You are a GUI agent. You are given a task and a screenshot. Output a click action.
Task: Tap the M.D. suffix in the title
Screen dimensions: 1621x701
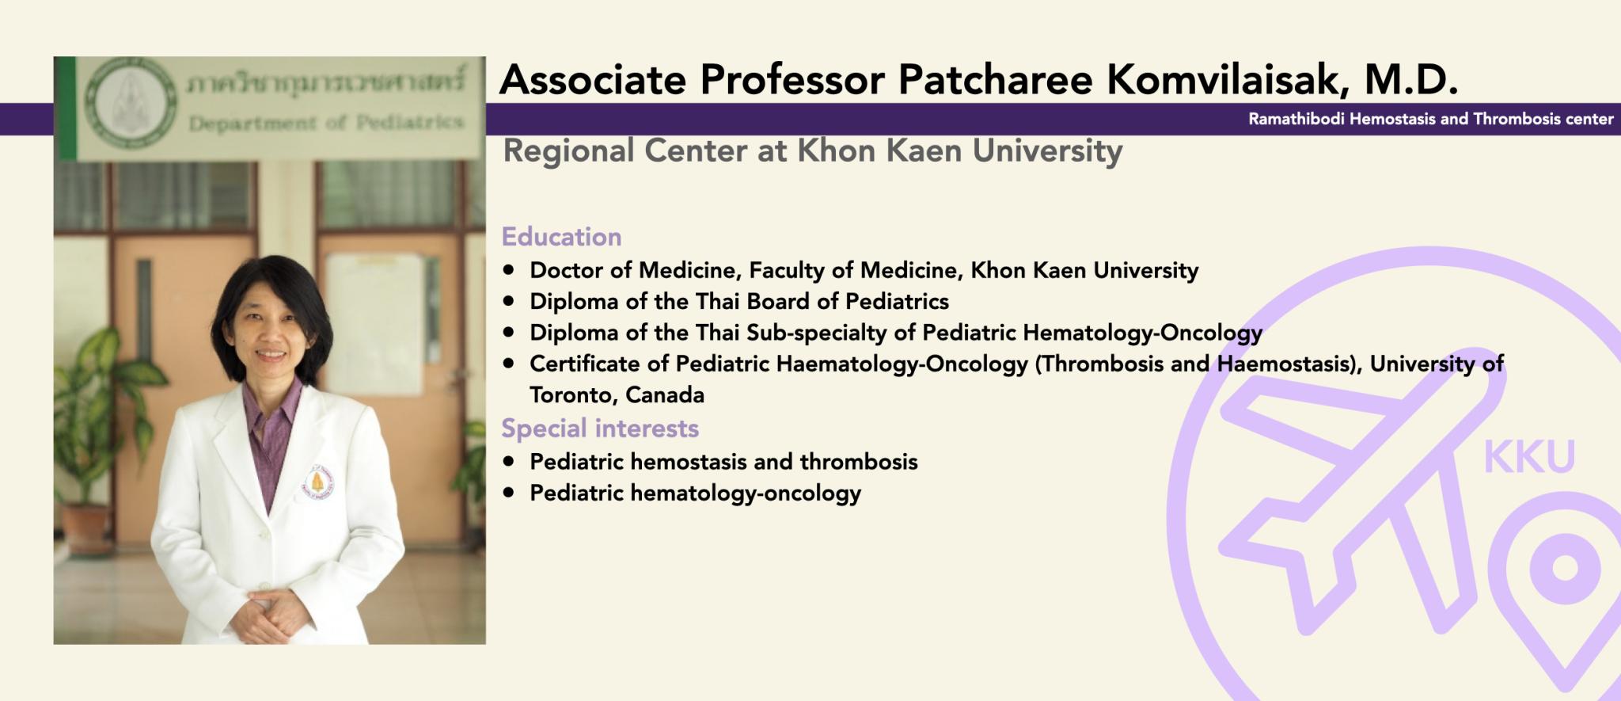pyautogui.click(x=1410, y=79)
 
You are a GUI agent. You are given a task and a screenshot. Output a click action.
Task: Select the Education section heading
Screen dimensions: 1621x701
pyautogui.click(x=561, y=236)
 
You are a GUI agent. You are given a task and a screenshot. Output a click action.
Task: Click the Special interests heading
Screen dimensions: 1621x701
pyautogui.click(x=600, y=428)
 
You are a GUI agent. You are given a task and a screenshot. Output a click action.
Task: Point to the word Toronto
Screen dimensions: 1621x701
pyautogui.click(x=573, y=395)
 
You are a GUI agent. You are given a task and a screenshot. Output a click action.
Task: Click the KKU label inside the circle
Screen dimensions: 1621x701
pyautogui.click(x=1529, y=457)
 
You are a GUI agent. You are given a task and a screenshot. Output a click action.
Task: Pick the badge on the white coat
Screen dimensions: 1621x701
pyautogui.click(x=318, y=482)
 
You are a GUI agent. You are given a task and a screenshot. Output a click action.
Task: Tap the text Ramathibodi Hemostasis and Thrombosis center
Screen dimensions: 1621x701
pyautogui.click(x=1431, y=119)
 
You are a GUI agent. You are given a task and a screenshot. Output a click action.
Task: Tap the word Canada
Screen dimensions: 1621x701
pyautogui.click(x=665, y=395)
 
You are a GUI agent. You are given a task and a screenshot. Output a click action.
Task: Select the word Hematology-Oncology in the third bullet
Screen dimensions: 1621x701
pyautogui.click(x=1142, y=333)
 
